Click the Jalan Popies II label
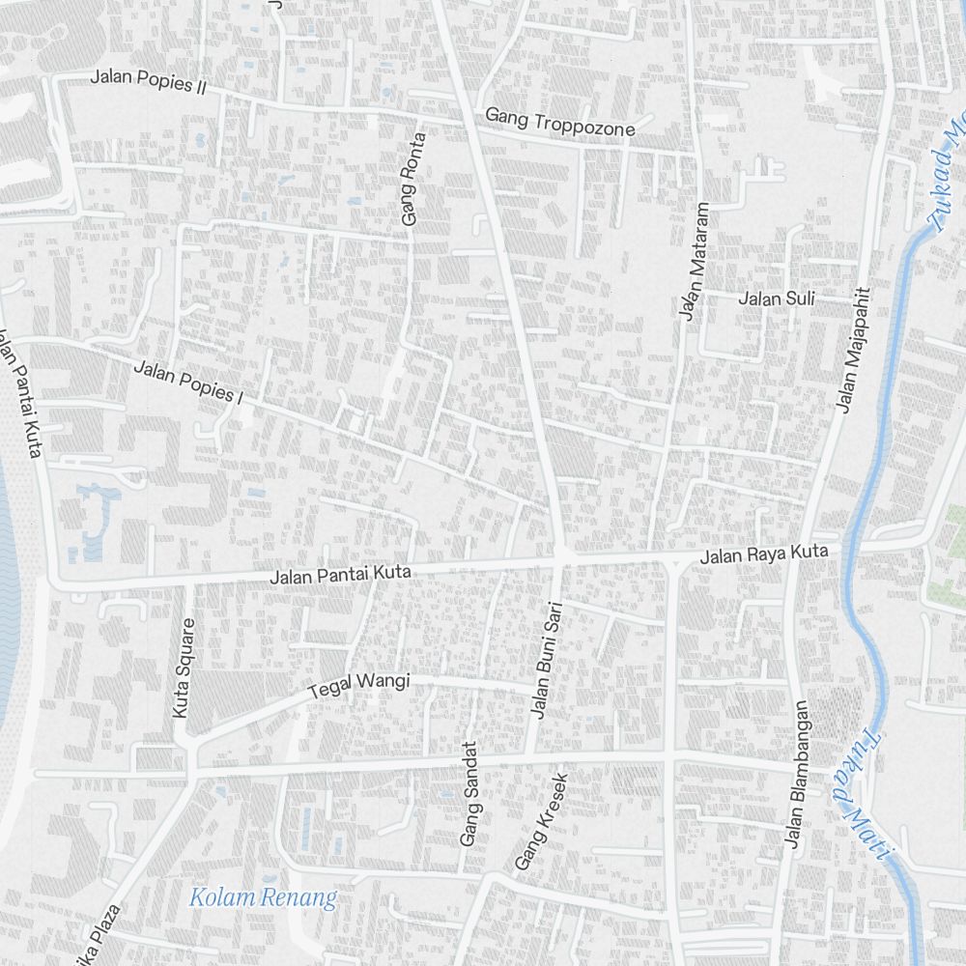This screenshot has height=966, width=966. coord(149,81)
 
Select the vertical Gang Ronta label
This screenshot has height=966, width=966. coord(413,180)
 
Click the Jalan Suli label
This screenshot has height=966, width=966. coord(777,298)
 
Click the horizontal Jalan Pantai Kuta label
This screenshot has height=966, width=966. coord(341,575)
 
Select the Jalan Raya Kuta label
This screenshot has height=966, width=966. coord(764,554)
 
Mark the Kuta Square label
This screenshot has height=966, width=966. coord(182,667)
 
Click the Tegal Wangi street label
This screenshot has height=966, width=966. coord(358,686)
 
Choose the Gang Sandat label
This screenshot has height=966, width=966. coord(470,794)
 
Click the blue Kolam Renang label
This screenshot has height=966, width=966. coord(263,897)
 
